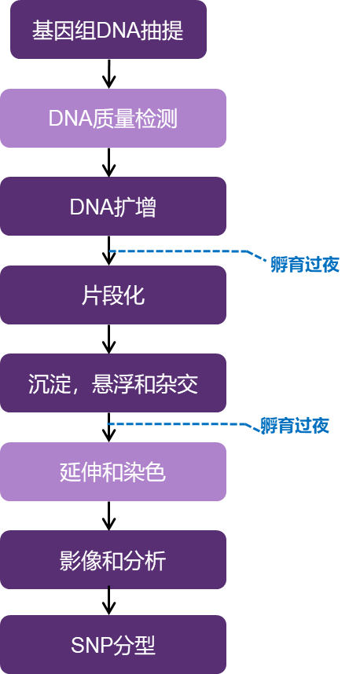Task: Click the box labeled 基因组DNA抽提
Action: (x=108, y=29)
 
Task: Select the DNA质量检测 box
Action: (x=113, y=118)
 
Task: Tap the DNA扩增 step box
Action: (x=113, y=207)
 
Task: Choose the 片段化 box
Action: (x=113, y=295)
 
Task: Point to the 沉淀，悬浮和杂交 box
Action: (x=113, y=383)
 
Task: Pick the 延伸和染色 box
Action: (x=113, y=471)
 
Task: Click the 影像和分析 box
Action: (x=113, y=559)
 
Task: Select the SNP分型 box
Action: (x=113, y=645)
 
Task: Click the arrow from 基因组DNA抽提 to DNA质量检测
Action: (x=108, y=74)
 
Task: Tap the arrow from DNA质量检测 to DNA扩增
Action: (x=108, y=162)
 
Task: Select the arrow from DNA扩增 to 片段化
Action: (x=108, y=251)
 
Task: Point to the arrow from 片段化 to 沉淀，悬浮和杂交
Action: (x=108, y=339)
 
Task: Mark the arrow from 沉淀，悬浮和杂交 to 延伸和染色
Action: (x=108, y=427)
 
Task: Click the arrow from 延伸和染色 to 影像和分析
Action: (x=108, y=515)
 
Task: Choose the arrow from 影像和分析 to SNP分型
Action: (x=108, y=601)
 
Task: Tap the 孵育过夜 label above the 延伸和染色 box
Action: (x=295, y=426)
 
